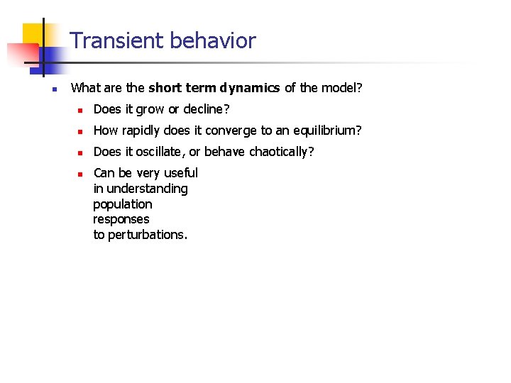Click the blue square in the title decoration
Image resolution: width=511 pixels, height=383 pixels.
[51, 58]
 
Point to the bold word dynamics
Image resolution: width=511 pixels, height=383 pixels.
[249, 88]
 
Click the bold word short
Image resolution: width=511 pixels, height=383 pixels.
[165, 88]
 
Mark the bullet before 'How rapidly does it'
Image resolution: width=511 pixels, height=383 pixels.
[81, 131]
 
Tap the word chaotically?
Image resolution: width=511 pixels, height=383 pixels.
[281, 151]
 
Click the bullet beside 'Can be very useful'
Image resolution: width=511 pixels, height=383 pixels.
[81, 174]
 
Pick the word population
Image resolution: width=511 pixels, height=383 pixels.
[122, 204]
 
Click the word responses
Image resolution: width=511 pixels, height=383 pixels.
[121, 219]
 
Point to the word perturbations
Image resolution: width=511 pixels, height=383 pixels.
[147, 235]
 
